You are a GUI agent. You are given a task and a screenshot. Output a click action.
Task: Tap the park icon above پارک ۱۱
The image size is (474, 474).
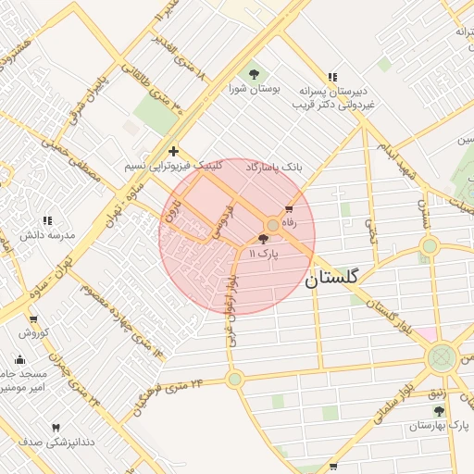tap(264, 239)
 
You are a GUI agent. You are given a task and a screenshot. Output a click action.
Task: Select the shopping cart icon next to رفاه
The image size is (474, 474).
tap(289, 208)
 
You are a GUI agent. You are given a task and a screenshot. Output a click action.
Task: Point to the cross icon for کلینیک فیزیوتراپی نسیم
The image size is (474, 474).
tap(172, 151)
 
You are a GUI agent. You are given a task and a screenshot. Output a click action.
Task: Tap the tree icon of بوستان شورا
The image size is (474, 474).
tap(254, 73)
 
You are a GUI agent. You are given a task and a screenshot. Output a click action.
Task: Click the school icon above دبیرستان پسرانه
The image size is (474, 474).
tap(332, 77)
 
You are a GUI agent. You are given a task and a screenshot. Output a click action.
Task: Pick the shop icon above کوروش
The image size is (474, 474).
tap(33, 317)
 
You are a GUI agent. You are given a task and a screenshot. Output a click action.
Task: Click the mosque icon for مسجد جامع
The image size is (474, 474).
tap(20, 359)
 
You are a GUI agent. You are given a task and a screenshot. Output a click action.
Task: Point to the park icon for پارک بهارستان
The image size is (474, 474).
tap(439, 410)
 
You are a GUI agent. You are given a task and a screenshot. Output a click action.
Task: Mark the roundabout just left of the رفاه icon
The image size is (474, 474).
tap(272, 225)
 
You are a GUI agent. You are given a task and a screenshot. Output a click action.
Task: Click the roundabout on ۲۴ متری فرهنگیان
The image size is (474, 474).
tap(235, 378)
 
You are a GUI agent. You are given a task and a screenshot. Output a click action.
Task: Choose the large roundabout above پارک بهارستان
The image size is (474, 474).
tap(443, 356)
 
